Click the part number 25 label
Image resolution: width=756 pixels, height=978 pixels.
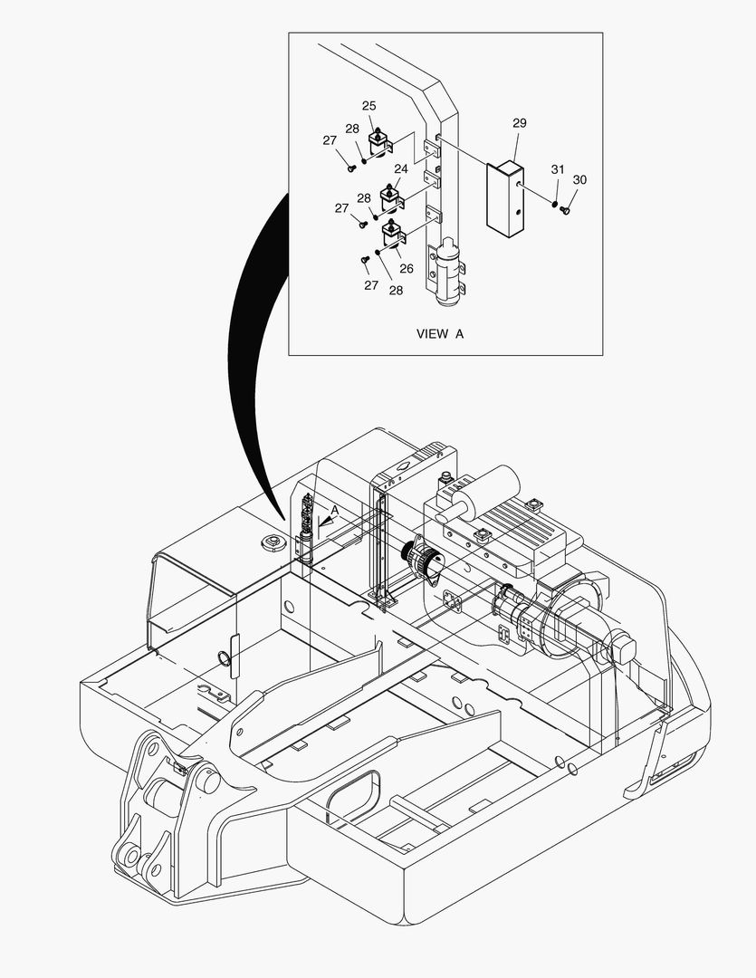369,106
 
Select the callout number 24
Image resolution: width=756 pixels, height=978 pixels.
401,168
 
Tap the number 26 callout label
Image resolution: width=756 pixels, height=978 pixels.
407,268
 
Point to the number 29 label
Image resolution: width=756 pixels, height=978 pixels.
519,123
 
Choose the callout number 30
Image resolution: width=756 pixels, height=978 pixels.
579,179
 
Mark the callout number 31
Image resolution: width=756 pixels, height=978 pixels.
558,169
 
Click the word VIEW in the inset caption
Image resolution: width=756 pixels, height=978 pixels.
432,333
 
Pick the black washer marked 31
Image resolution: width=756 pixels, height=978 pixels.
553,204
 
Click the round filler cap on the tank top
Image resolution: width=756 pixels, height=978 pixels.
270,542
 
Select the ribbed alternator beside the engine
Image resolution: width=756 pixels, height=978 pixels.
421,559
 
